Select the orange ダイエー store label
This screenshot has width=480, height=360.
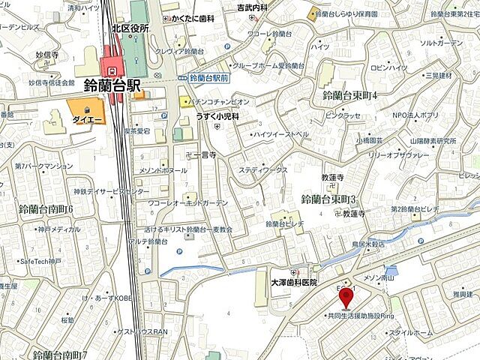click(82, 118)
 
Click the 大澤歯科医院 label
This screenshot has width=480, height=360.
click(294, 282)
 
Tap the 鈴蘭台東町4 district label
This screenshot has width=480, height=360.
click(349, 95)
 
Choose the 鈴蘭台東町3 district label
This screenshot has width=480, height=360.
click(328, 199)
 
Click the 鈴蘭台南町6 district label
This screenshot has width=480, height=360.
click(46, 208)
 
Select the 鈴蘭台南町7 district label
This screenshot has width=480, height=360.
click(61, 352)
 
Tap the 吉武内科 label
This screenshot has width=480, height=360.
click(252, 7)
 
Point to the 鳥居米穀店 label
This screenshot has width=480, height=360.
click(362, 244)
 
